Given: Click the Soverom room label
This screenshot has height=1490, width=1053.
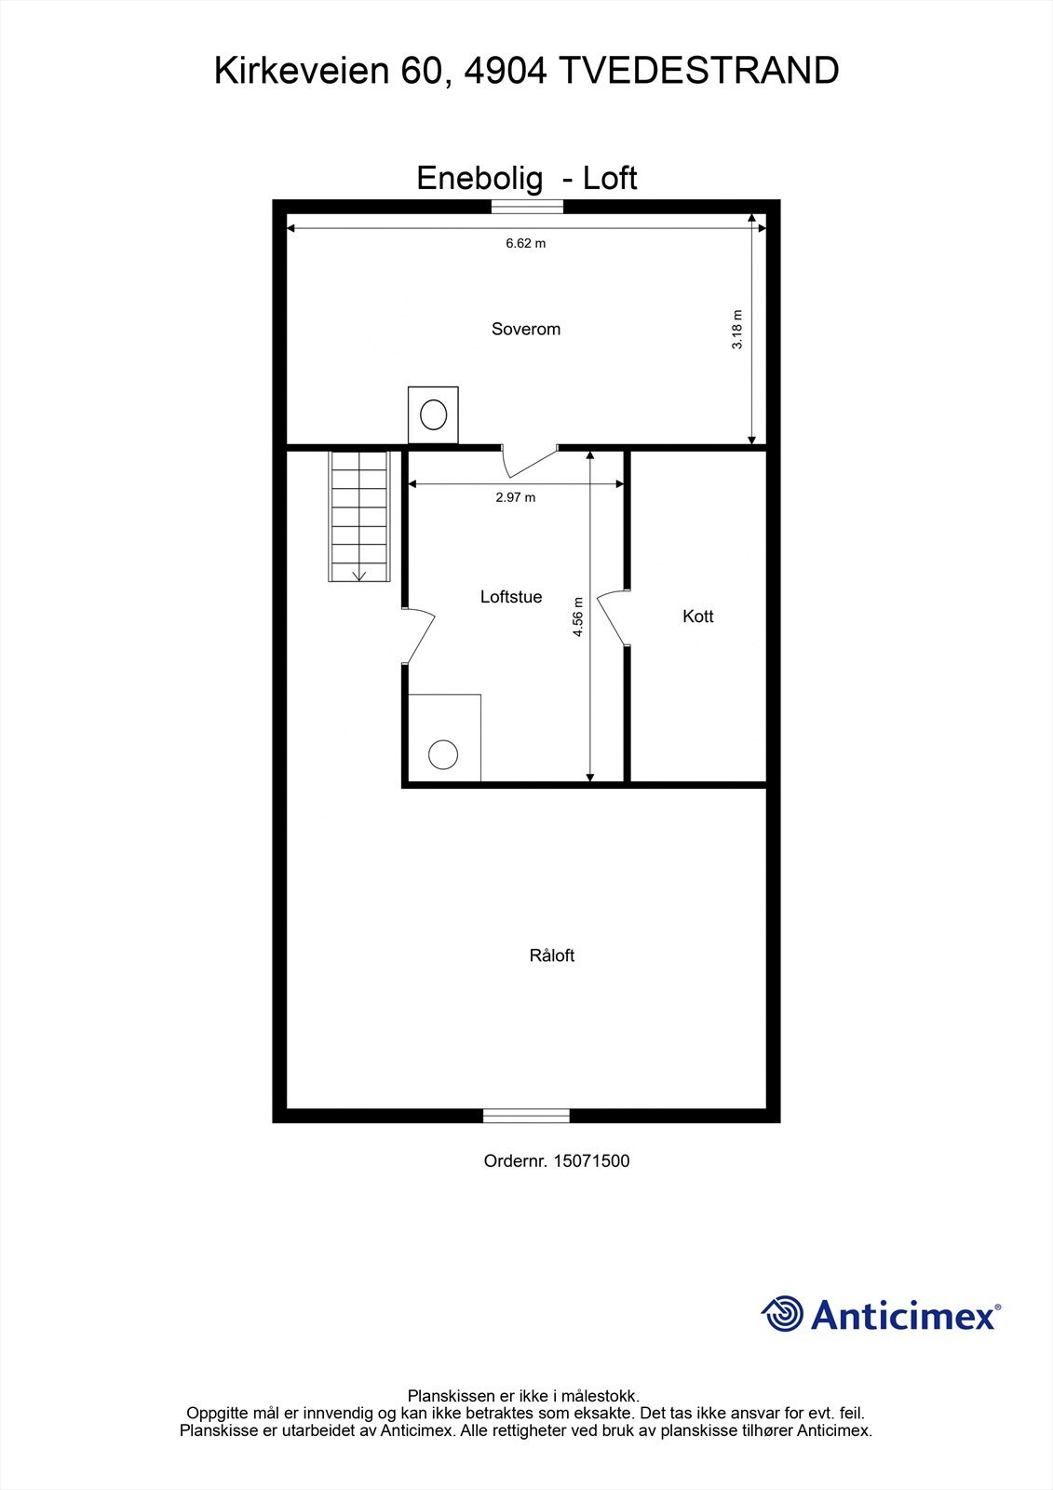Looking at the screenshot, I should coord(526,329).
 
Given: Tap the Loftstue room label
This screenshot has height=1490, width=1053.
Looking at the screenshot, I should coord(511,597).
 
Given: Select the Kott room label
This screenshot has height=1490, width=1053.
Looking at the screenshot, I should coord(697,616).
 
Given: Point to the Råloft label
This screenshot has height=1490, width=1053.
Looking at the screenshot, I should coord(552,955).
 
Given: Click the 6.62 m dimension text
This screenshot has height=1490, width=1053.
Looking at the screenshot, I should coord(526,244).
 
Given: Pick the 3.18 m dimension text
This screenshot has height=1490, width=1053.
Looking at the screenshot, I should coord(737,330).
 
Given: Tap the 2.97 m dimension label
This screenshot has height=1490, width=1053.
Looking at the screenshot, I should coord(516,497).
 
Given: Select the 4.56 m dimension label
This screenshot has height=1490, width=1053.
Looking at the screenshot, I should coord(578,616).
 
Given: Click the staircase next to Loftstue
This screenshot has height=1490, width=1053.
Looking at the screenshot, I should coord(358,517).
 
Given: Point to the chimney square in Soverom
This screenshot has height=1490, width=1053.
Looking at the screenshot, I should coord(433,414).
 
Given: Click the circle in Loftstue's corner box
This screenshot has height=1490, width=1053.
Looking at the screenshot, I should coord(443,754).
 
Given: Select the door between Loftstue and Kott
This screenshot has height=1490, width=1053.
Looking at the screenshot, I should coord(614,616).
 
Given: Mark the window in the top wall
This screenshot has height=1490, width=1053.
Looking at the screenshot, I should coord(527,207).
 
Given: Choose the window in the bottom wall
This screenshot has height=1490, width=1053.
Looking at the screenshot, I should coord(526,1116).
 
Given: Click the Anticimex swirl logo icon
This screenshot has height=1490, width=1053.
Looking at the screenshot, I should coord(782,1314).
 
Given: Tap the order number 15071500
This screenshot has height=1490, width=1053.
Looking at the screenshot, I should coord(591,1161).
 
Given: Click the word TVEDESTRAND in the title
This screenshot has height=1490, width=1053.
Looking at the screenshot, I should coord(698,71).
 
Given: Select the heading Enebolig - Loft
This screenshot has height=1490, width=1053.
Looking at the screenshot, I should coord(526,178).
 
